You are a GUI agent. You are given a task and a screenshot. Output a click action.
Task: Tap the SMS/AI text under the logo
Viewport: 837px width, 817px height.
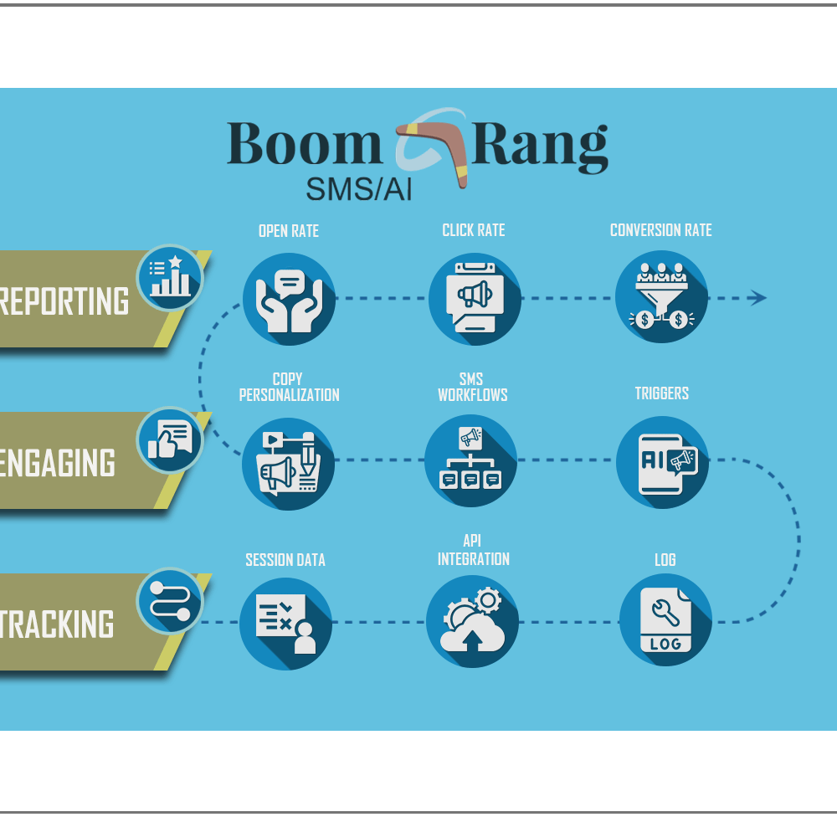point(359,189)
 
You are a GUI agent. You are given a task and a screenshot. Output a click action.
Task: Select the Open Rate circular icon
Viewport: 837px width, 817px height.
point(289,298)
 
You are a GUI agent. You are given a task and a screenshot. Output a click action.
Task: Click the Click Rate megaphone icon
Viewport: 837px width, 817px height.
point(475,298)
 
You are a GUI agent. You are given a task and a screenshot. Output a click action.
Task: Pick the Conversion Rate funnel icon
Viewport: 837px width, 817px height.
point(661,297)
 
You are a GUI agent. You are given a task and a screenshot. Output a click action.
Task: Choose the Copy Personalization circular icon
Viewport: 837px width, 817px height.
point(289,463)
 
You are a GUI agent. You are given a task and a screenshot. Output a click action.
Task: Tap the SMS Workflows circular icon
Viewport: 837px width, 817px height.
point(471,460)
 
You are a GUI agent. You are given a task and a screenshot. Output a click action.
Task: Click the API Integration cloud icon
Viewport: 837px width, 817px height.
point(473,621)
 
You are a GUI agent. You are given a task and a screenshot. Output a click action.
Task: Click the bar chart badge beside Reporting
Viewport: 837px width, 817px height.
point(170,278)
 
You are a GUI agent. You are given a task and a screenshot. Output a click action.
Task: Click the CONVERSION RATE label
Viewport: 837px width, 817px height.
point(660,230)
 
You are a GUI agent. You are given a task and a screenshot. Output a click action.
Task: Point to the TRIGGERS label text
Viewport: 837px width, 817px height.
point(661,393)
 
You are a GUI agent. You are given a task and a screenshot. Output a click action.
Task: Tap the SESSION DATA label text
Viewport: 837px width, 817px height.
point(285,560)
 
